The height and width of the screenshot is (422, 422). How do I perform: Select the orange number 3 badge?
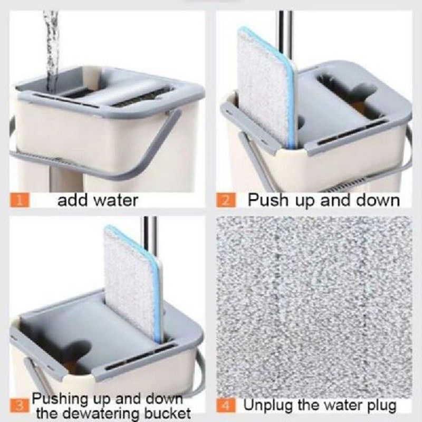coord(19,406)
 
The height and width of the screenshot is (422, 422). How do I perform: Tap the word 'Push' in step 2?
coord(266,200)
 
